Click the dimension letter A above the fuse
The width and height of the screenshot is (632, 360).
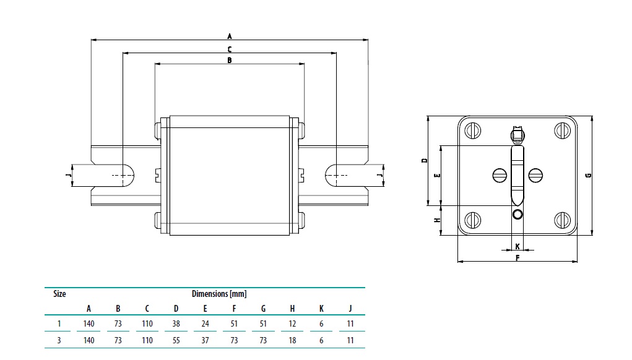(229, 36)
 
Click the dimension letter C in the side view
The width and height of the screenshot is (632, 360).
(229, 49)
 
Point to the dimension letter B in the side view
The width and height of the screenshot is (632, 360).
(229, 61)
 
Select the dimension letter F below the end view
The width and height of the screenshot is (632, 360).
(517, 257)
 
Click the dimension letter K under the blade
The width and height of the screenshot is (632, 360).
(517, 246)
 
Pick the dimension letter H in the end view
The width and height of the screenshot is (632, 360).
(436, 220)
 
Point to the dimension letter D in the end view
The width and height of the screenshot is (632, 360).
(424, 160)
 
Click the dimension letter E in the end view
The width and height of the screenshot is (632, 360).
(437, 176)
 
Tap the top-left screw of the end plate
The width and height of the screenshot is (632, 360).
(474, 131)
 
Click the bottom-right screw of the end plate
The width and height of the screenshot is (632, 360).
(561, 219)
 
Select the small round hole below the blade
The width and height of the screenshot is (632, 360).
(517, 214)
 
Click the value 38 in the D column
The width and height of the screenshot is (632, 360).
(176, 324)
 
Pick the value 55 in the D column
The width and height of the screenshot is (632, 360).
(176, 340)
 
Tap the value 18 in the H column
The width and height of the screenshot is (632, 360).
(292, 340)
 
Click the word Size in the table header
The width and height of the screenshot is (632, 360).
(59, 294)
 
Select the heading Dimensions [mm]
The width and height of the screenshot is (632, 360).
(219, 294)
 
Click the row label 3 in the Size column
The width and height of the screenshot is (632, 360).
(59, 340)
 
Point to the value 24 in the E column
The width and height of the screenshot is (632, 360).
(205, 324)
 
